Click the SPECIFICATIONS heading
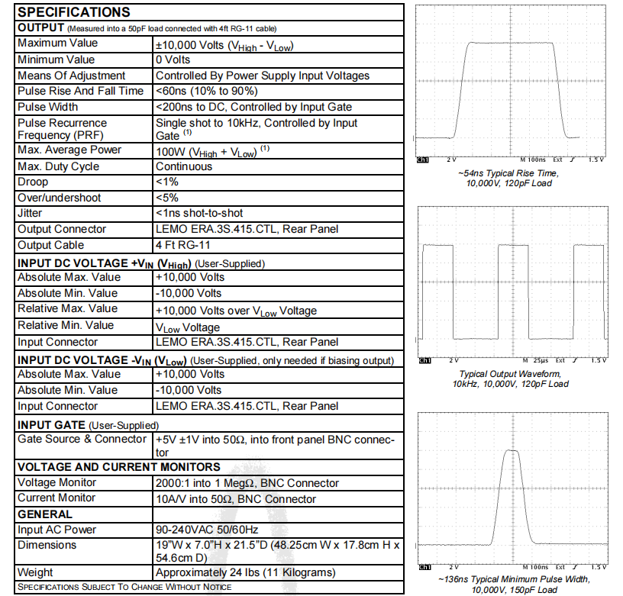click(73, 12)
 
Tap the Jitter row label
click(30, 213)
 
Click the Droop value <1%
click(167, 182)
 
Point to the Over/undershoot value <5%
click(167, 198)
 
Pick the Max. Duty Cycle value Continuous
click(184, 166)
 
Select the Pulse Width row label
click(47, 107)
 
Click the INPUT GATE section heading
click(52, 424)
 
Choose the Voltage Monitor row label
click(56, 482)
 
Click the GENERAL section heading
click(45, 514)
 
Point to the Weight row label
click(35, 572)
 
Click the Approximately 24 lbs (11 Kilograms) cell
click(245, 572)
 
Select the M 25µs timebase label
click(535, 359)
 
